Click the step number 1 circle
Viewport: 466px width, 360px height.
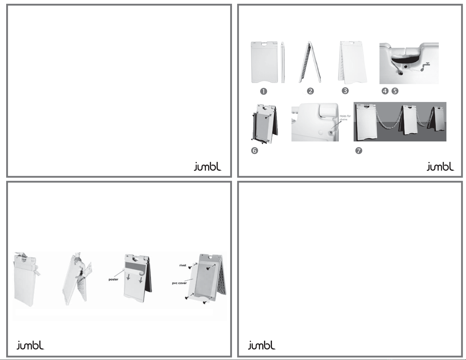coord(263,91)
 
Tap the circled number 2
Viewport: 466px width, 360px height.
coord(310,91)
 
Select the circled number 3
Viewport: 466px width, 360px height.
coord(345,91)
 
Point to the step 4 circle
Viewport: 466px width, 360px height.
coord(385,91)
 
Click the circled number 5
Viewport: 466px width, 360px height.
coord(395,91)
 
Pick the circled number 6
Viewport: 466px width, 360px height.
coord(255,151)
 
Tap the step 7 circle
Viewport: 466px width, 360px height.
coord(359,151)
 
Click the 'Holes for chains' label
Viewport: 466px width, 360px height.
coord(345,118)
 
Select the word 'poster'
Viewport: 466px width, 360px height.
coord(113,279)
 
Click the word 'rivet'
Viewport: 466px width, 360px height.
coord(183,265)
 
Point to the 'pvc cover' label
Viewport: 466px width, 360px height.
coord(179,283)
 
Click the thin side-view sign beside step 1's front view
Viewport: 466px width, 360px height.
coord(283,62)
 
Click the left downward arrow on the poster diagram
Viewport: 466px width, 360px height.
coord(128,277)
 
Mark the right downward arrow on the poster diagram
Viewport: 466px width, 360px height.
coord(141,279)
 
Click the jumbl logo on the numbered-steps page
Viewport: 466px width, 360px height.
coord(440,167)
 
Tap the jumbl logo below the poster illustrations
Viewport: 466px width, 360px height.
coord(31,345)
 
